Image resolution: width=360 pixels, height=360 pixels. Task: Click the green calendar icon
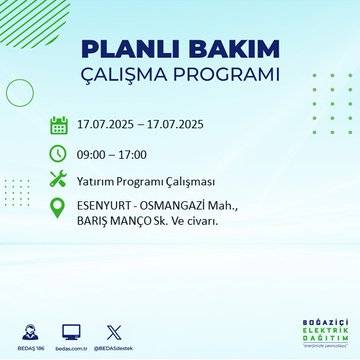58,125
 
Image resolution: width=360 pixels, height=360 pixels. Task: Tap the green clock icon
58,153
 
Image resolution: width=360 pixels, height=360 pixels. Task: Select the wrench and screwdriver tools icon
58,180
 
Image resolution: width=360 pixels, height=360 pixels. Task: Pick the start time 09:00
96,153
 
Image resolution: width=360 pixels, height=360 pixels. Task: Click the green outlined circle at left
20,92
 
